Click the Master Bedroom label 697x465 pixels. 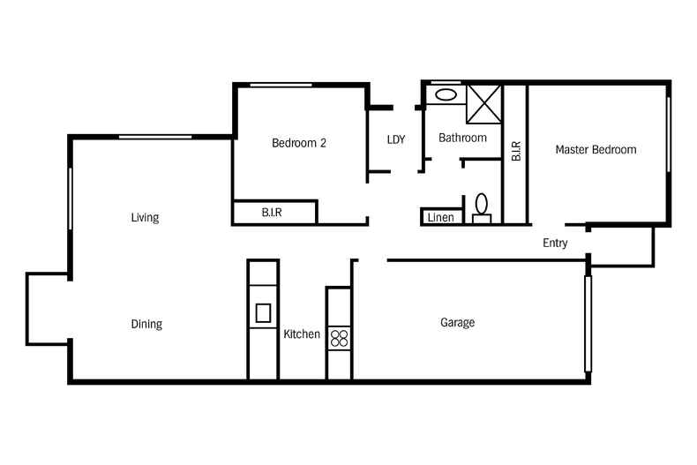596,149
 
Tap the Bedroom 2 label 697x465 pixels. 299,143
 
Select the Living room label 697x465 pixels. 145,217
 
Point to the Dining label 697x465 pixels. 146,324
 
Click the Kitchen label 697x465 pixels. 302,334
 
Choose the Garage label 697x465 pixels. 457,322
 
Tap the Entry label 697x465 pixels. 555,243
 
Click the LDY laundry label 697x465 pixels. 396,139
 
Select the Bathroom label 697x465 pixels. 462,138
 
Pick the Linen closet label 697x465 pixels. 440,217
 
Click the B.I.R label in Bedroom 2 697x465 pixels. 272,213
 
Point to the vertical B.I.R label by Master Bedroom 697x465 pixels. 515,151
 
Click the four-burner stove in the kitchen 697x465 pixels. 339,338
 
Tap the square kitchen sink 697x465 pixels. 263,312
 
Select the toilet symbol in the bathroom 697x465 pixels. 482,208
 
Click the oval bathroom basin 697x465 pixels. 446,94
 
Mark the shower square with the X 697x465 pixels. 484,104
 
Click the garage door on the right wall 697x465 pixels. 588,324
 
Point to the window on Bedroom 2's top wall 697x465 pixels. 281,85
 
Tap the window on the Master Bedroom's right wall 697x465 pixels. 668,134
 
